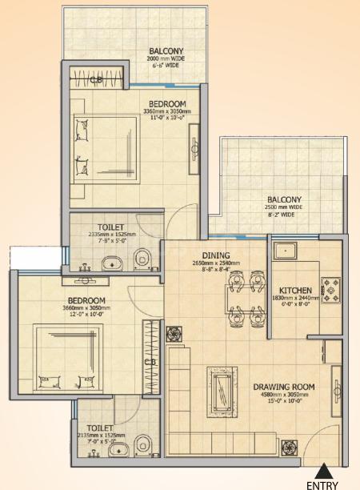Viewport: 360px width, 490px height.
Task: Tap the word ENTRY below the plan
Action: point(322,484)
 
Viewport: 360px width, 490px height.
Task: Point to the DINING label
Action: point(215,255)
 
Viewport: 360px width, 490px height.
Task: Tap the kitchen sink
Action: point(286,251)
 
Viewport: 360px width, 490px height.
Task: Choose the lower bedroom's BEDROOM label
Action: point(87,300)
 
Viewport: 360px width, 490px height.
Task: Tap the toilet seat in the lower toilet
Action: point(142,443)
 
